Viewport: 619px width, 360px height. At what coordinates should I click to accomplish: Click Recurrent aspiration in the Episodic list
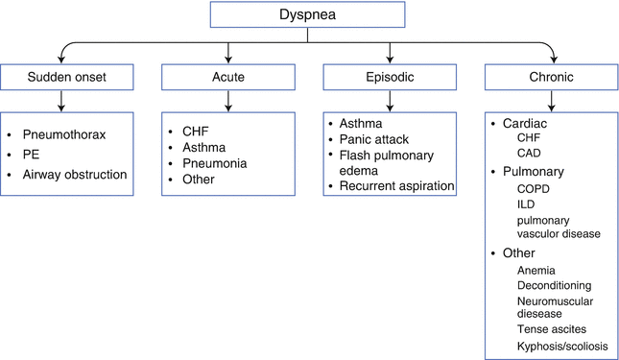[396, 185]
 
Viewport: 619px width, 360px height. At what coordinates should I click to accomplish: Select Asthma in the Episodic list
[360, 125]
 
